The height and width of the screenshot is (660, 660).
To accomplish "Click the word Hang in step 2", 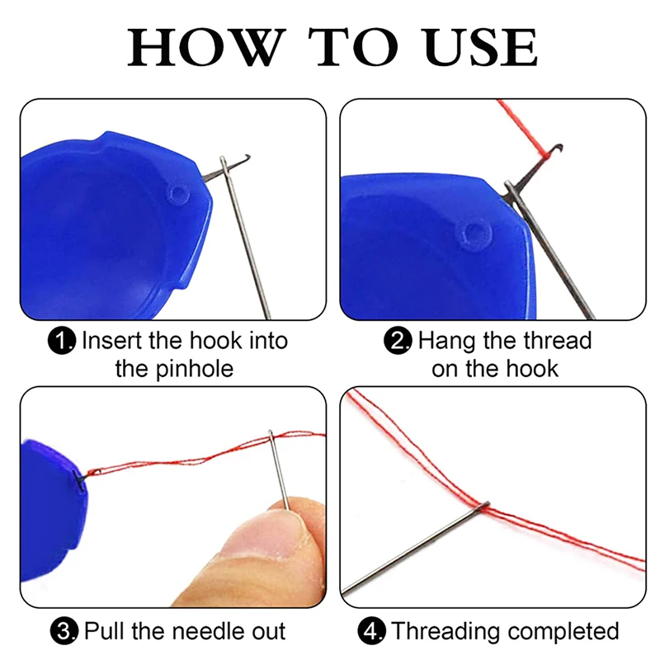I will point(447,340).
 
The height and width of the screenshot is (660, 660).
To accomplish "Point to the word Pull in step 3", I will point(106,632).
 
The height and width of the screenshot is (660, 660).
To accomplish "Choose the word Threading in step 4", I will point(447,632).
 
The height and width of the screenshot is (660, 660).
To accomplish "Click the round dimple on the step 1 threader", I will point(177,195).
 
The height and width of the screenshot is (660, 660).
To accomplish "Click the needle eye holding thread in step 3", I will point(272,436).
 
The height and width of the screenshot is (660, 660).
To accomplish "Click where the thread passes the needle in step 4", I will point(485,505).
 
